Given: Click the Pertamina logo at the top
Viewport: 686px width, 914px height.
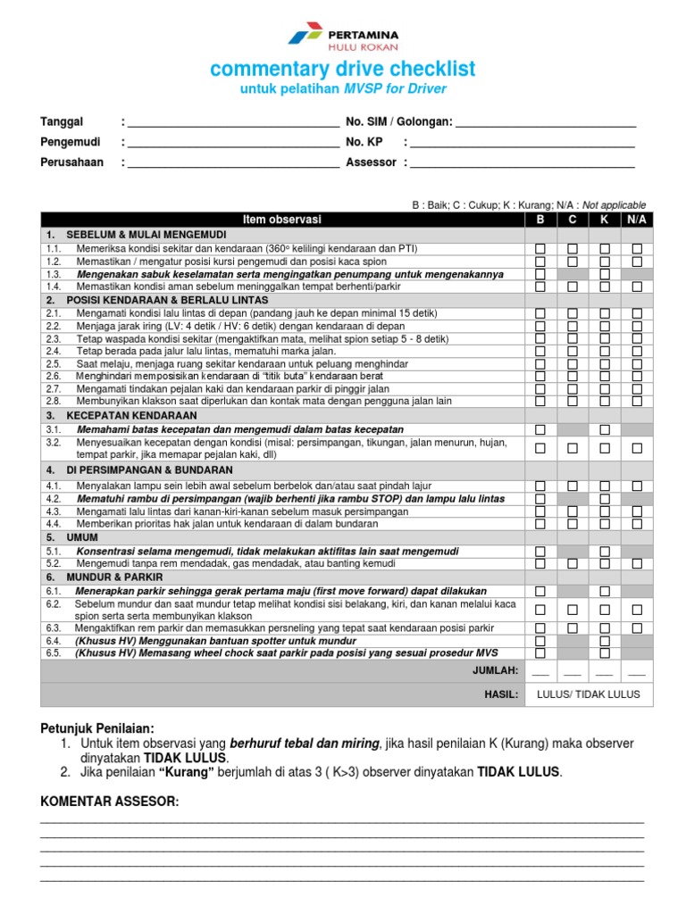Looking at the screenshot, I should (x=343, y=36).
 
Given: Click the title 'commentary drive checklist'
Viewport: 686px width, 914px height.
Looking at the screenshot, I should (x=343, y=70).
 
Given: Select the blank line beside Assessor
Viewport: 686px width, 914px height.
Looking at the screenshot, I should (x=522, y=163).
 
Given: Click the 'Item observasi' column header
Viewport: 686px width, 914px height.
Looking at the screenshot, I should (x=282, y=220).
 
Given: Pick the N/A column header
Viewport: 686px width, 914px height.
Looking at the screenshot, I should (x=637, y=220).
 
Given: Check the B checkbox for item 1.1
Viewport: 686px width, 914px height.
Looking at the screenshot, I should (x=540, y=248).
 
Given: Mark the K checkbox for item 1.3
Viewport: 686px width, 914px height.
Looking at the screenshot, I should (x=605, y=274).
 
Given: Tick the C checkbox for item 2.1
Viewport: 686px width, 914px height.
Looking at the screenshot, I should (x=573, y=314).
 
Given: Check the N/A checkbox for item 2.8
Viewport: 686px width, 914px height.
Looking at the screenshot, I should (x=637, y=402).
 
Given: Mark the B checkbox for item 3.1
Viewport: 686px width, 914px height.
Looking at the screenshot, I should (x=540, y=430).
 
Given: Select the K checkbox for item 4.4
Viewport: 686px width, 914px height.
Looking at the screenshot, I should (x=605, y=525).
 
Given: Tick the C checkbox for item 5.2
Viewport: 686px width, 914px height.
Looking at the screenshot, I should (x=573, y=564).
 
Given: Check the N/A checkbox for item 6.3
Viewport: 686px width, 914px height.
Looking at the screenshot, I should (x=637, y=628).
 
